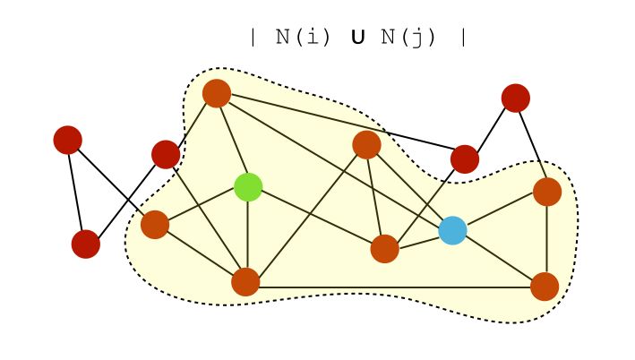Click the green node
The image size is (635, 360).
click(x=248, y=187)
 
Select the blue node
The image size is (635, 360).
click(x=452, y=230)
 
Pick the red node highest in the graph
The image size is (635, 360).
click(x=515, y=98)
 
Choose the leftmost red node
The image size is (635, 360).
click(x=67, y=140)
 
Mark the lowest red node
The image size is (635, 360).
click(x=86, y=244)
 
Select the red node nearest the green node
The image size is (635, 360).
click(x=166, y=154)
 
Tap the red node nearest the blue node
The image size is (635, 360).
click(x=464, y=159)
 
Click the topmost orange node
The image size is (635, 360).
click(x=217, y=93)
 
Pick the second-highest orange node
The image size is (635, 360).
click(x=366, y=144)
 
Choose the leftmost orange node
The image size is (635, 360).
click(x=155, y=225)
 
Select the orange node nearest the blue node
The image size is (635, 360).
click(x=384, y=248)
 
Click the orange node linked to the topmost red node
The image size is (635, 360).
click(x=546, y=192)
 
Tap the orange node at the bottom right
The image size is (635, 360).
click(x=545, y=287)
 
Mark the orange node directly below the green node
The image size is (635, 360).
click(x=245, y=281)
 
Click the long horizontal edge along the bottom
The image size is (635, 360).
click(x=394, y=287)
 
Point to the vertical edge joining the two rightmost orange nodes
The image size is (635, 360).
click(x=546, y=239)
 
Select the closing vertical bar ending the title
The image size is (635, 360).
click(x=462, y=38)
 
